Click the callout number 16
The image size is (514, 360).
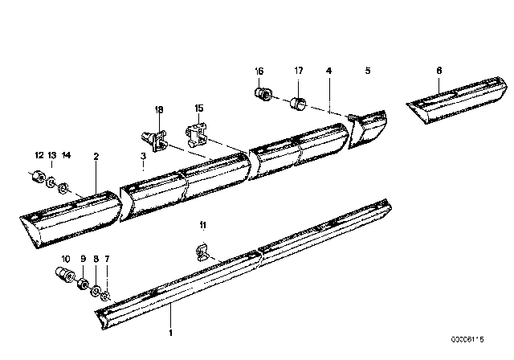[259, 71]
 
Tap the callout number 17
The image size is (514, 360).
[298, 71]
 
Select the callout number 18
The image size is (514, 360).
[158, 108]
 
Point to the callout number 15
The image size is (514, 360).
[199, 108]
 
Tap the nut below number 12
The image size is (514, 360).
[37, 177]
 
